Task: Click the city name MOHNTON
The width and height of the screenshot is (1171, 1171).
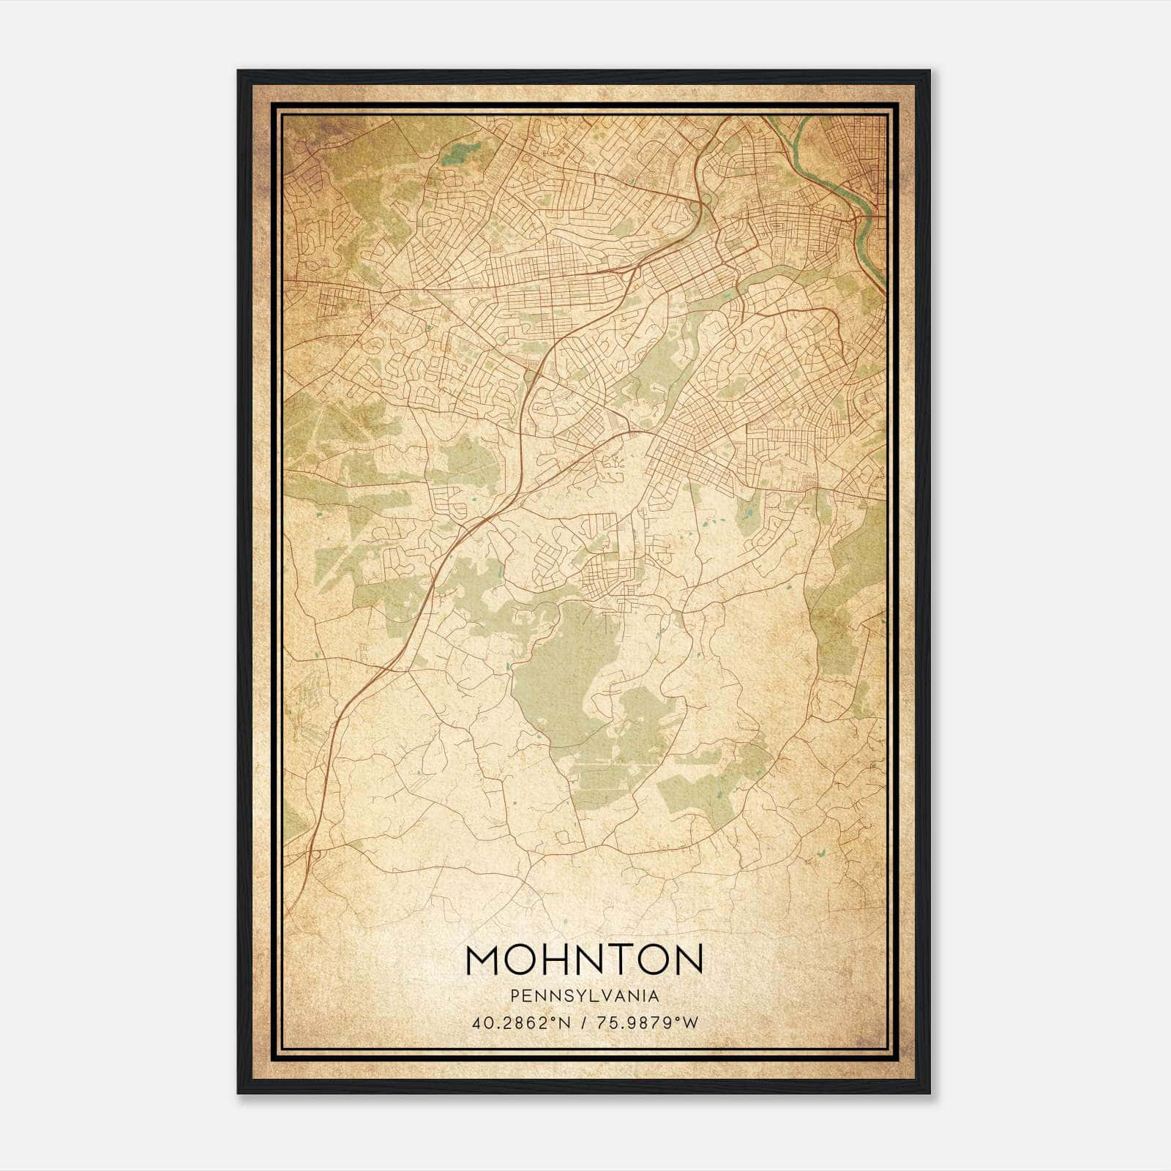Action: pos(584,959)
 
